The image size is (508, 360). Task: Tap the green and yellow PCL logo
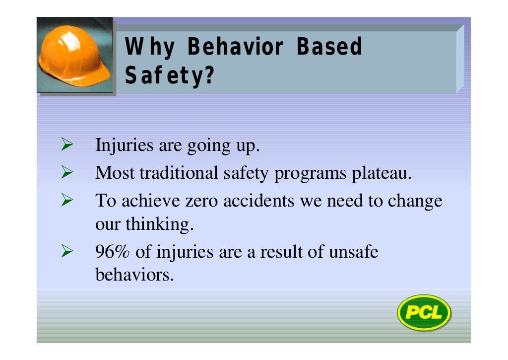coord(424,313)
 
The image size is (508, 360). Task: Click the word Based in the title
coord(329,47)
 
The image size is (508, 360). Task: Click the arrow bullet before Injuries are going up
coord(66,146)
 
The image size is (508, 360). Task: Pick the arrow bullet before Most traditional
coord(66,173)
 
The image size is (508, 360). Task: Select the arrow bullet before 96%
coord(66,252)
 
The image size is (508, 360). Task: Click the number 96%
coord(114,252)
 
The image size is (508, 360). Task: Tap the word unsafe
coord(353,252)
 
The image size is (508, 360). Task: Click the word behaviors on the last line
coord(134,274)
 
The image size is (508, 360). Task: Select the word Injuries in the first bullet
coord(125,146)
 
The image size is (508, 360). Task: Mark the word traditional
coord(179,173)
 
